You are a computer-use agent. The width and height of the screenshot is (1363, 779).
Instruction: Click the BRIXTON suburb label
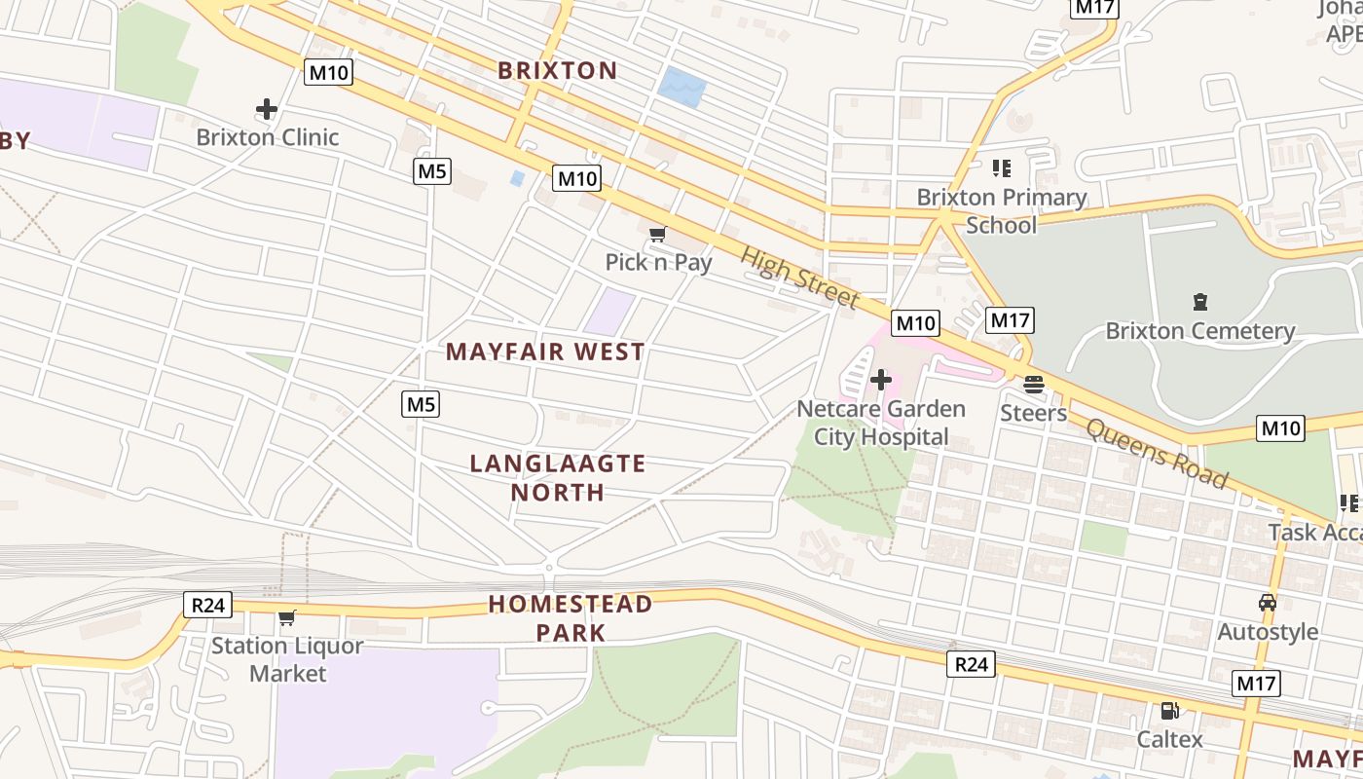click(x=557, y=70)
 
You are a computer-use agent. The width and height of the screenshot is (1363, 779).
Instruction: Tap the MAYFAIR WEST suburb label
click(x=545, y=352)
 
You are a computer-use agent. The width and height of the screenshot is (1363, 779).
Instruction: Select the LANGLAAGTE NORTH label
click(x=558, y=477)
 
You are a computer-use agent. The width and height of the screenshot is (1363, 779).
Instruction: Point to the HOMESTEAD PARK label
click(x=571, y=617)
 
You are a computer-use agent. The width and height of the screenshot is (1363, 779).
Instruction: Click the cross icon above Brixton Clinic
click(x=267, y=109)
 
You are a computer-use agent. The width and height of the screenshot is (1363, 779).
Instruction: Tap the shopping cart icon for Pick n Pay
click(x=657, y=235)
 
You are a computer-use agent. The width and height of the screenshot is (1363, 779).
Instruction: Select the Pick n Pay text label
click(x=658, y=262)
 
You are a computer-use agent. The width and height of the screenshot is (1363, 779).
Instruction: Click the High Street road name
click(x=799, y=278)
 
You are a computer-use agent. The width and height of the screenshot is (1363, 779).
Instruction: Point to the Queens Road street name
click(x=1157, y=454)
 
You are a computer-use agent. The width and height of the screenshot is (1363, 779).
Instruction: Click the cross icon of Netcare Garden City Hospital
click(x=881, y=379)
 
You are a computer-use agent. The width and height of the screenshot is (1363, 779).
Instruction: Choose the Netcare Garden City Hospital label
click(x=881, y=423)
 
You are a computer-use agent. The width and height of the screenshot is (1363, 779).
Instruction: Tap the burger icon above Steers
click(x=1033, y=384)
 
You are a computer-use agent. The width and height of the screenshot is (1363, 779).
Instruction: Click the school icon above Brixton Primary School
click(x=1001, y=168)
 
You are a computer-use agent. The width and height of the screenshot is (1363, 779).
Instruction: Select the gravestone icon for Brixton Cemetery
click(x=1199, y=303)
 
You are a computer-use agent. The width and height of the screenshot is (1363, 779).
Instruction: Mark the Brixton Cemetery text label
click(x=1199, y=331)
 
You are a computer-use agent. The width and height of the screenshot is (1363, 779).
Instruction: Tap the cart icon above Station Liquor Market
click(x=286, y=617)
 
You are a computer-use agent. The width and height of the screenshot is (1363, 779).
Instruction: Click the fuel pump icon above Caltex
click(x=1169, y=711)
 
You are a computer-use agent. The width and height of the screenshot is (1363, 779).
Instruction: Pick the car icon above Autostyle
click(x=1267, y=603)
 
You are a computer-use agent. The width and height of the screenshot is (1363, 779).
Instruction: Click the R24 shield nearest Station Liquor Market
click(x=207, y=605)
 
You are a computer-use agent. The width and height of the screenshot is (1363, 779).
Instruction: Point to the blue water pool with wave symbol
click(x=681, y=88)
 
